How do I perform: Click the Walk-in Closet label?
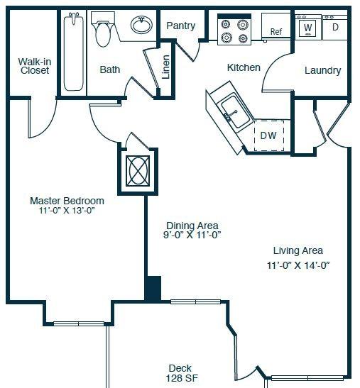35,66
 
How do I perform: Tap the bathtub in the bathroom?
73,52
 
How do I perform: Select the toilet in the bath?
103,29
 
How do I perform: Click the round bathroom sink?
141,25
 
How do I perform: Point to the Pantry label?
181,26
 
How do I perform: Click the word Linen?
165,67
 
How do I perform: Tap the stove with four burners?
234,30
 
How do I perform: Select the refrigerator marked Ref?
276,26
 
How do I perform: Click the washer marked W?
308,27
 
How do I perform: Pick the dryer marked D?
335,27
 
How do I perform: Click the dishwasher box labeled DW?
269,135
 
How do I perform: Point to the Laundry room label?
322,70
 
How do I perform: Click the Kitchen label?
244,67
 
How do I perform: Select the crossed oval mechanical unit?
138,170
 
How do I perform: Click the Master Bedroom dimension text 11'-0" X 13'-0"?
67,211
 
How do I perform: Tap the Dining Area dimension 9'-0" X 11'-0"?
192,235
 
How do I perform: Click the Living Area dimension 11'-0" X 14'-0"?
298,265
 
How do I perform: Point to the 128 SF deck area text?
182,378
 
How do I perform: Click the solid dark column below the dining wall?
153,289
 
